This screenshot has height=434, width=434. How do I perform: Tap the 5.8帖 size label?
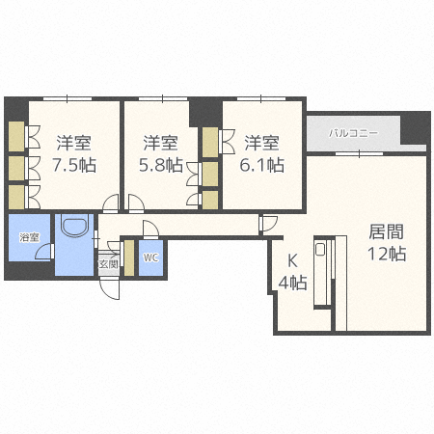pyautogui.click(x=160, y=165)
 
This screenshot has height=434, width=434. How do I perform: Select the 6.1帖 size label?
pyautogui.click(x=263, y=165)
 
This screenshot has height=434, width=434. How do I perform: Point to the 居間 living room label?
pyautogui.click(x=386, y=231)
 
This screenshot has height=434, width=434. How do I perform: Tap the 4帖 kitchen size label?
pyautogui.click(x=293, y=283)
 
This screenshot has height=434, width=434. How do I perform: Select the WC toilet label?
pyautogui.click(x=151, y=258)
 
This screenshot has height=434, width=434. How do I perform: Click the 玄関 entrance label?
pyautogui.click(x=108, y=262)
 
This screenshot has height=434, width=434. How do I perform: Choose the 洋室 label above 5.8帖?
pyautogui.click(x=160, y=143)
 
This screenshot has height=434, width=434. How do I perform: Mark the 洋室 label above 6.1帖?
pyautogui.click(x=261, y=143)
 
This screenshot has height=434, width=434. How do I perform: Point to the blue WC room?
pyautogui.click(x=151, y=261)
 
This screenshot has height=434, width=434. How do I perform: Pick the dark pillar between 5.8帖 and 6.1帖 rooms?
pyautogui.click(x=206, y=111)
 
